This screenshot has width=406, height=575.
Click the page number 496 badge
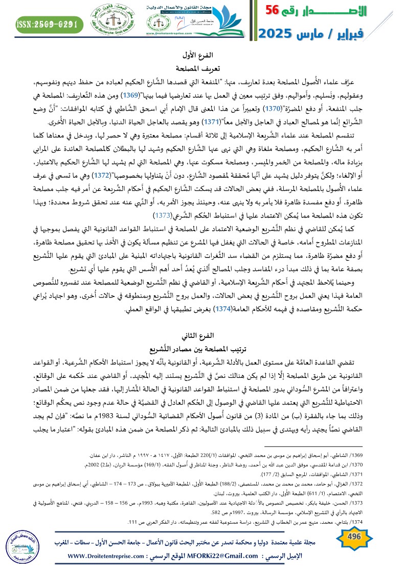pyautogui.click(x=354, y=536)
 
